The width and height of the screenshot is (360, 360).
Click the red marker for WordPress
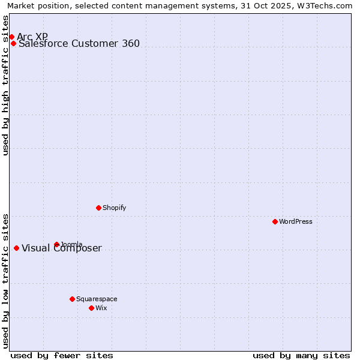pos(275,221)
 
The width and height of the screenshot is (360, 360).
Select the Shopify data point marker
pos(98,208)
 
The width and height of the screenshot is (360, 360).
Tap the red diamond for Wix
pos(91,308)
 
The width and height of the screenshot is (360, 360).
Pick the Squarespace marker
pos(72,299)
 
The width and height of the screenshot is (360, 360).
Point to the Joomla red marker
pos(56,244)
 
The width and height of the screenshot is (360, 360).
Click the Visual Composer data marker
pos(16,248)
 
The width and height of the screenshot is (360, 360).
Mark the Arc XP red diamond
pos(11,37)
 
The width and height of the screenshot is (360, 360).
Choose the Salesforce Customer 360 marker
pos(13,43)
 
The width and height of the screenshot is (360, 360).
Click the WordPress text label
pos(296,221)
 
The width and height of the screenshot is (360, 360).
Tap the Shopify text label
pos(114,208)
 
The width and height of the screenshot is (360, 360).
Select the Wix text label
pos(101,308)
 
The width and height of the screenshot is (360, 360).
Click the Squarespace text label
pos(97,299)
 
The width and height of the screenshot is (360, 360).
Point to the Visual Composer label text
pos(62,248)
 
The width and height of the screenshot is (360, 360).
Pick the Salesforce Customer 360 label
pos(79,43)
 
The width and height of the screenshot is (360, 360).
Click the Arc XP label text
pos(32,37)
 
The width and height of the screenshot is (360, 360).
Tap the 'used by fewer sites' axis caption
pos(62,355)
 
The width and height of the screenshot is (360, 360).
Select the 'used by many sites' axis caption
pos(301,355)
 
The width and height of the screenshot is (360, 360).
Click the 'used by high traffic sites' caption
pos(6,85)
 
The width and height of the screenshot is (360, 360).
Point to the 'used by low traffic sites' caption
pos(6,281)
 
